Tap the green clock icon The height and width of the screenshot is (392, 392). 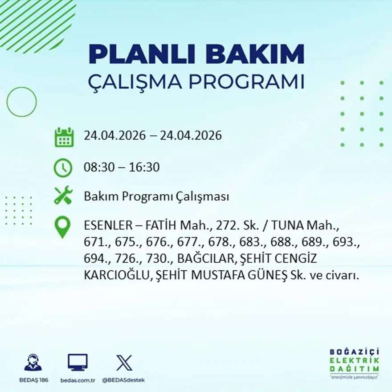pos(63,167)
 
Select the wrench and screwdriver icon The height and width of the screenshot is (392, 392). pos(63,196)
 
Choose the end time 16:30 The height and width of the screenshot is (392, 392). pos(144,167)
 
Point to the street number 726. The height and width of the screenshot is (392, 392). pos(118,259)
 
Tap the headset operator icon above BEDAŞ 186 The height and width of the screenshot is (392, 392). pos(33,363)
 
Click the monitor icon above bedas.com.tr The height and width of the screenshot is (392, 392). pos(78,363)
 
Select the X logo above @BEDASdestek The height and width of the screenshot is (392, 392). pos(123,363)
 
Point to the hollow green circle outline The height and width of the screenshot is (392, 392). pos(21,102)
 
